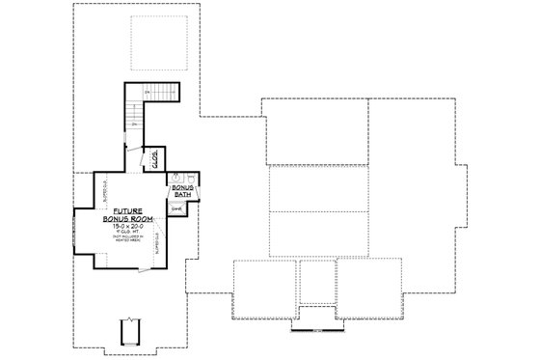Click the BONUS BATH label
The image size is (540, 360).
(x=183, y=191)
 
